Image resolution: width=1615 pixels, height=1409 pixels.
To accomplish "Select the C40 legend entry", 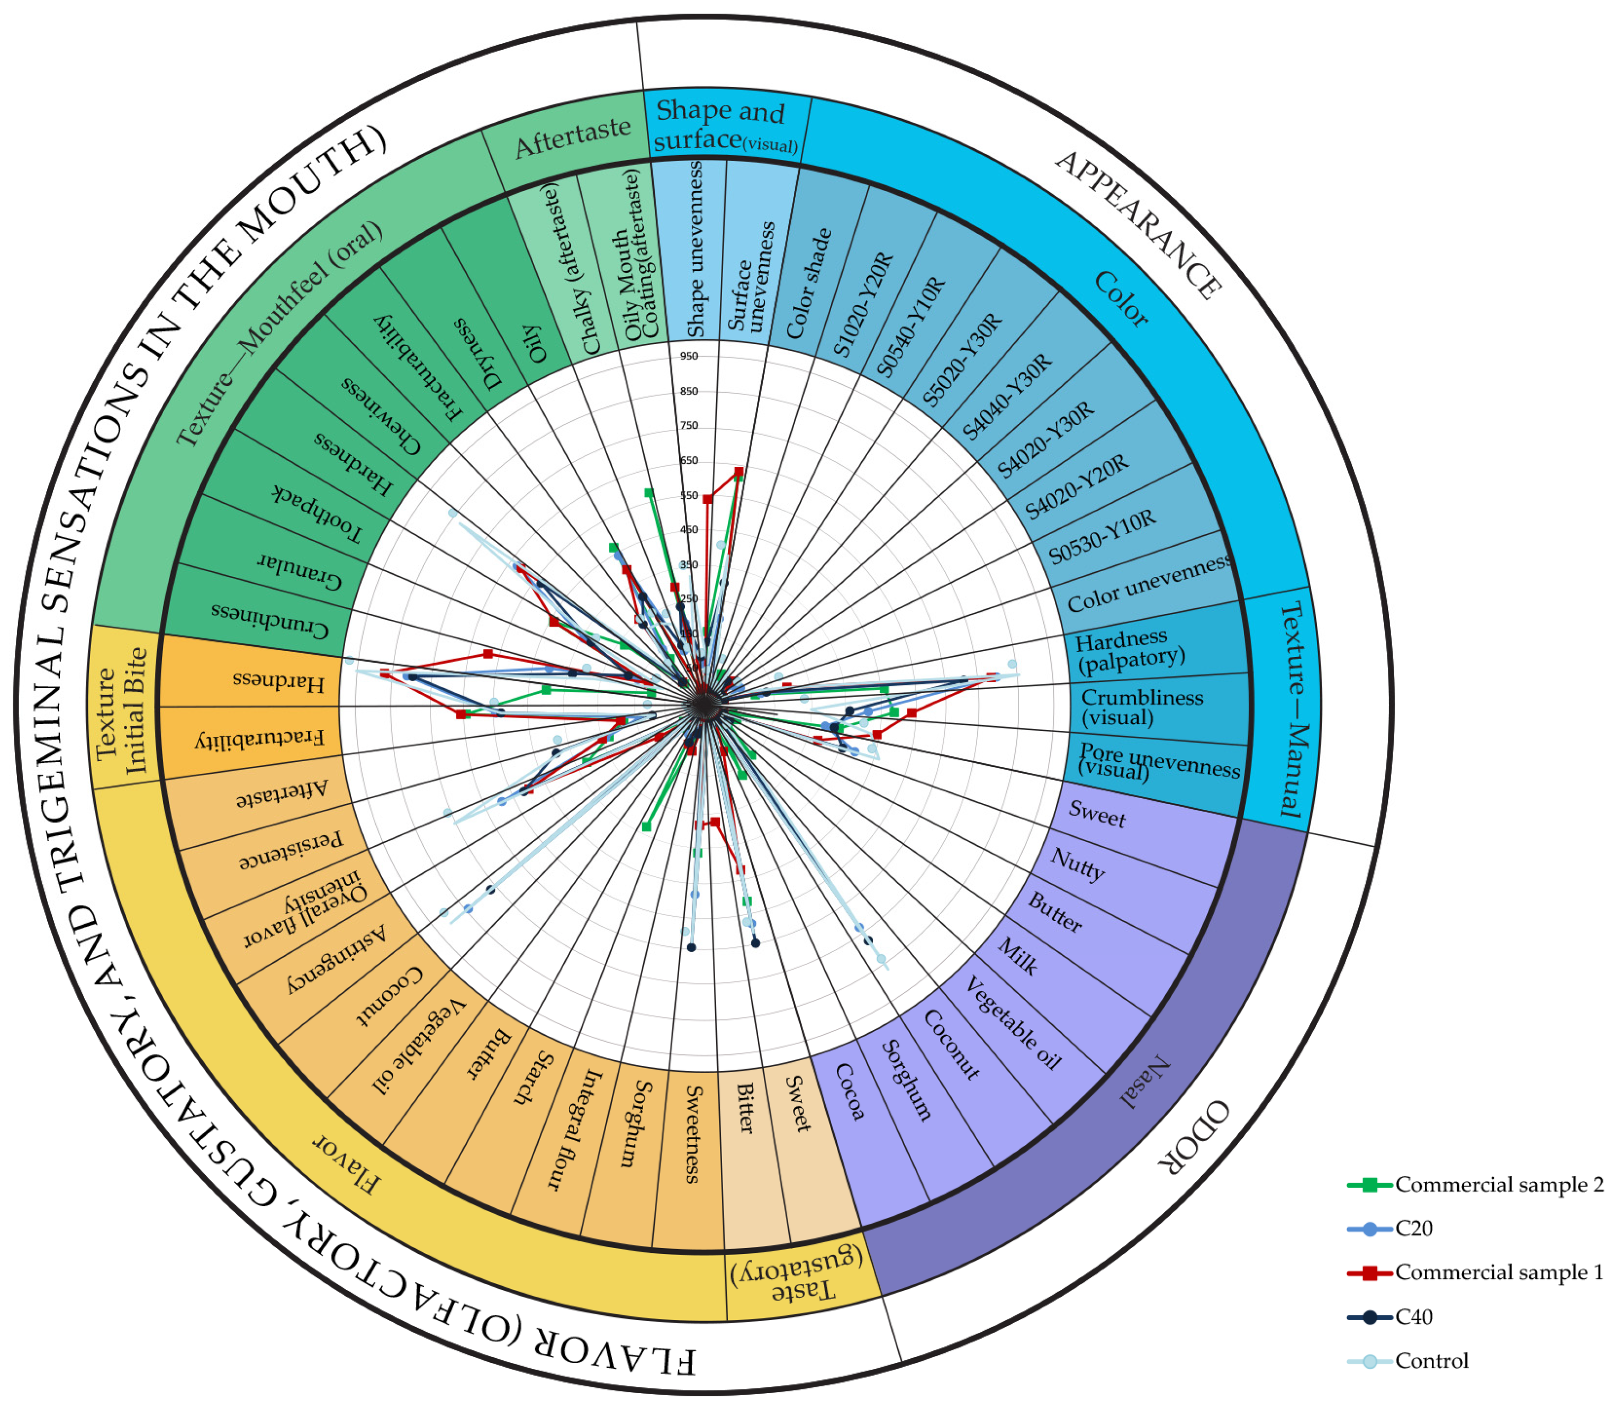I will click(1413, 1316).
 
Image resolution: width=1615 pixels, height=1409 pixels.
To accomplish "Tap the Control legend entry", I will click(1431, 1360).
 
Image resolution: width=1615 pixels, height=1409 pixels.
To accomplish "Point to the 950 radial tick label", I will click(689, 356).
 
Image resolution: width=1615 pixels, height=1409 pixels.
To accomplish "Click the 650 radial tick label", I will click(689, 460).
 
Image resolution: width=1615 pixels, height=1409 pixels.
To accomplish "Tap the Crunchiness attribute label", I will click(269, 620).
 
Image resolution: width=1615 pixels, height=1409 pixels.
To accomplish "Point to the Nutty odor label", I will click(1077, 864).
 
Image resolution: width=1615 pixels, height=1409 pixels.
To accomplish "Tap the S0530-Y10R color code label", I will click(1103, 536).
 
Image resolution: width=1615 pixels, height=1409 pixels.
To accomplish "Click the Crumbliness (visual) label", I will click(1142, 707).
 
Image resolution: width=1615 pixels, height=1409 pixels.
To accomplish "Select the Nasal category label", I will click(1145, 1083).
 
